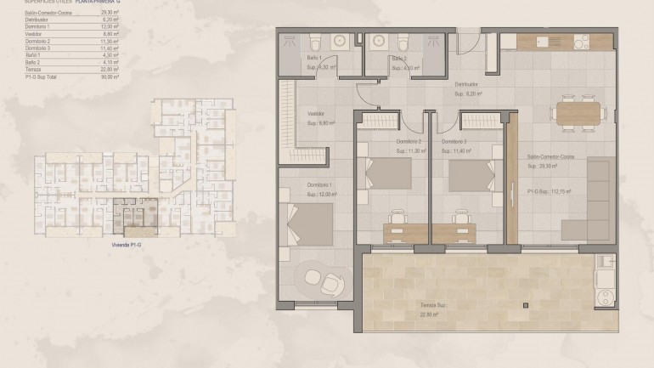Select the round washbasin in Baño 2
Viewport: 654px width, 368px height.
tap(375, 40)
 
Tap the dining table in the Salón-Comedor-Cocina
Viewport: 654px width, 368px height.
tap(578, 112)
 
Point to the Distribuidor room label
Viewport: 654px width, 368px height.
tap(467, 85)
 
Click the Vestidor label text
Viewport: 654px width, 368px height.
tap(316, 113)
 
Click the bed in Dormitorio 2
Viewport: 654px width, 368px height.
tap(387, 177)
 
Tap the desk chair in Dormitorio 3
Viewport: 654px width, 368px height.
tap(461, 217)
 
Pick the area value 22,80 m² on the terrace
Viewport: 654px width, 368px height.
tap(407, 314)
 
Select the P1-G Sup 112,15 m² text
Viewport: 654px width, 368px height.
tap(549, 192)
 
